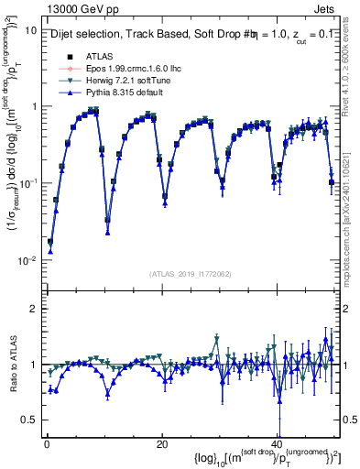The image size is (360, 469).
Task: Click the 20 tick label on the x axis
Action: point(161,442)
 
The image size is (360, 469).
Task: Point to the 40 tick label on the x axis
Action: point(277,442)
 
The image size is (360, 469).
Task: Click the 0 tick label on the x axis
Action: point(46,442)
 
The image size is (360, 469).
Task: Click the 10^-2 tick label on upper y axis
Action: point(26,260)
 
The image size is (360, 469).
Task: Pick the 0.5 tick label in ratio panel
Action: point(27,420)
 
